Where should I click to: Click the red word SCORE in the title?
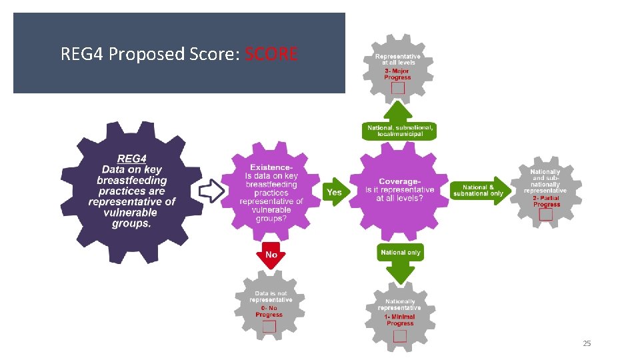coord(271,53)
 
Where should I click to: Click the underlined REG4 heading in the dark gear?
coord(131,159)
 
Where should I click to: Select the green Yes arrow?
coord(334,193)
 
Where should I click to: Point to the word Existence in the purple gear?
coord(271,167)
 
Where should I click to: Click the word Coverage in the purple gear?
coord(399,181)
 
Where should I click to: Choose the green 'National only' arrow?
coord(401,256)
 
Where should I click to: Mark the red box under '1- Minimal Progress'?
coord(400,335)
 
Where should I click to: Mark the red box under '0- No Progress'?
coord(269,326)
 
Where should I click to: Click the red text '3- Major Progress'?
coord(397,74)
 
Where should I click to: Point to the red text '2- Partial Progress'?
coord(547,201)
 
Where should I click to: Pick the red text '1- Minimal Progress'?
coord(400,320)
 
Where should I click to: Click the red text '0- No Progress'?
coord(269,311)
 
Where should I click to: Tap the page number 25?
coord(587,343)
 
